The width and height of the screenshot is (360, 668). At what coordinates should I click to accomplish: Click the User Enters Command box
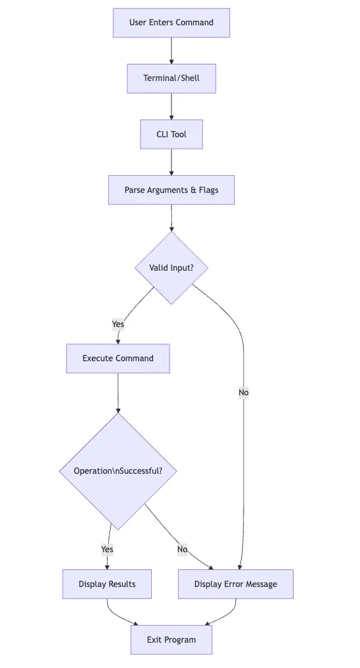(171, 23)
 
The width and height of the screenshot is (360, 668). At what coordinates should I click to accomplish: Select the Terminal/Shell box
(171, 78)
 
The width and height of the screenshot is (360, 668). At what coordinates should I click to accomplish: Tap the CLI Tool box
(171, 134)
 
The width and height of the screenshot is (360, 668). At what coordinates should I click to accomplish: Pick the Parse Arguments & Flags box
(171, 190)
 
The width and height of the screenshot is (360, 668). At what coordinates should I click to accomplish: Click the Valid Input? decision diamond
(171, 268)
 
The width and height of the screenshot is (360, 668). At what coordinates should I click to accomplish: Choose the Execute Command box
(118, 358)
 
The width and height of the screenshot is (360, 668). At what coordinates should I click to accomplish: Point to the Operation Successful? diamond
(118, 471)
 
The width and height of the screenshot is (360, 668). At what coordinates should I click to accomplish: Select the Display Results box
(107, 584)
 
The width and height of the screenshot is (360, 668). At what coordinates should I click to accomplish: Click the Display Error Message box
(235, 584)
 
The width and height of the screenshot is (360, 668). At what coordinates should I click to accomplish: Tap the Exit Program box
(171, 640)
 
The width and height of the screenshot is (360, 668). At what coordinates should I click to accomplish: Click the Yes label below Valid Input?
(118, 324)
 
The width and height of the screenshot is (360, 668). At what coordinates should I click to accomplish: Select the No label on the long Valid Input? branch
(244, 392)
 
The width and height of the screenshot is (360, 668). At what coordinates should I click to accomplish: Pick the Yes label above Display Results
(108, 549)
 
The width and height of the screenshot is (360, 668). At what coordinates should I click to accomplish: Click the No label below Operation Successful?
(182, 549)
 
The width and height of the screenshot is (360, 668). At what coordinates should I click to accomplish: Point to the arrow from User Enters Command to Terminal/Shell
(171, 51)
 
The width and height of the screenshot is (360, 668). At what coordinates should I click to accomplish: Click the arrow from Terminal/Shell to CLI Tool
(171, 106)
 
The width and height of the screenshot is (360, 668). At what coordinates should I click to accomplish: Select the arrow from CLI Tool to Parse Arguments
(171, 162)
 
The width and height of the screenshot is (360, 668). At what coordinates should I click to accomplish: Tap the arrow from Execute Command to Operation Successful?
(118, 393)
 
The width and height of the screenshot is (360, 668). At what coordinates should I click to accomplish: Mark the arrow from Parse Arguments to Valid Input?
(171, 218)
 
